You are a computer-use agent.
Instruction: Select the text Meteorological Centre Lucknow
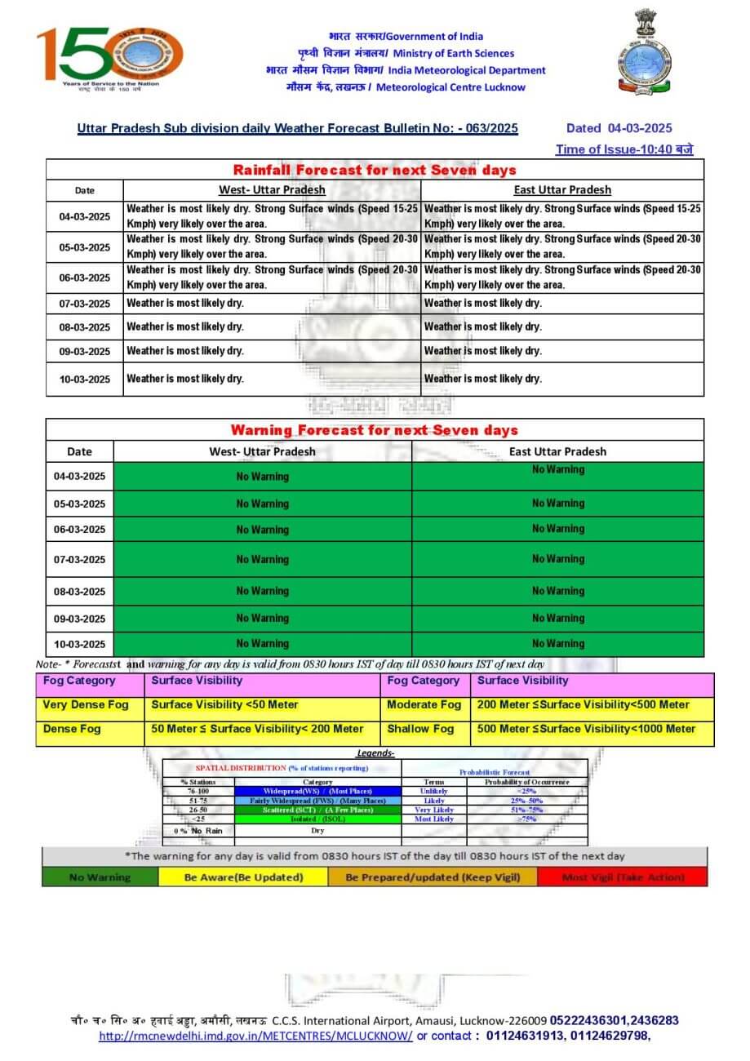click(x=451, y=87)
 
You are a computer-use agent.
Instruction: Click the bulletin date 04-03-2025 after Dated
click(x=640, y=128)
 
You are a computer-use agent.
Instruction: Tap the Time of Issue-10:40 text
click(x=625, y=149)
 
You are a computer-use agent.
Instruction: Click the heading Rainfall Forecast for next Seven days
click(x=375, y=170)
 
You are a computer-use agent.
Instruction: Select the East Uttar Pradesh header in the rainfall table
click(x=562, y=190)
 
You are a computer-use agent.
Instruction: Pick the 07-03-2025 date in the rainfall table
click(x=85, y=304)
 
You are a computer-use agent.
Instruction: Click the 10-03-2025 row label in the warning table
click(x=80, y=644)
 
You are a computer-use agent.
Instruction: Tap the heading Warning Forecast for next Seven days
click(x=375, y=430)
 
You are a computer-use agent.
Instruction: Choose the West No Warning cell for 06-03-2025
click(x=263, y=530)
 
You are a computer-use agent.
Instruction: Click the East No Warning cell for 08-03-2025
click(x=558, y=591)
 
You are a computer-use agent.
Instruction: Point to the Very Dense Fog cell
click(x=86, y=704)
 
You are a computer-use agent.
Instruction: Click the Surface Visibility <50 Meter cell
click(x=224, y=704)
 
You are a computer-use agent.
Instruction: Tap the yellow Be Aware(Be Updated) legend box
click(x=243, y=877)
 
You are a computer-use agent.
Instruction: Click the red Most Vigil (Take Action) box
click(x=624, y=877)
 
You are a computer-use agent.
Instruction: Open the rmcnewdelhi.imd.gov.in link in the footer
click(x=255, y=1036)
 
